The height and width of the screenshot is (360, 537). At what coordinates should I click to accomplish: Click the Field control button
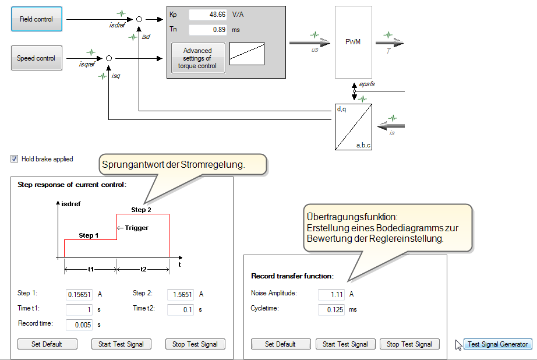point(36,19)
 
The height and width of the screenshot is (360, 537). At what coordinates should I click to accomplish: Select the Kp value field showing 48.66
point(207,14)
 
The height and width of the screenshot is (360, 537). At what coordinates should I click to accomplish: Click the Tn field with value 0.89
point(207,29)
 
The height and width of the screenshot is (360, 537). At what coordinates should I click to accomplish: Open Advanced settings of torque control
point(197,58)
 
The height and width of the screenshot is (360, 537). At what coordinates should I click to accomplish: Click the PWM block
point(353,42)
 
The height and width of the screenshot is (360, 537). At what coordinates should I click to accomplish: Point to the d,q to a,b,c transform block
point(353,127)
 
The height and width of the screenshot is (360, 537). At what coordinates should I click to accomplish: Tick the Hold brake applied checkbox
point(14,158)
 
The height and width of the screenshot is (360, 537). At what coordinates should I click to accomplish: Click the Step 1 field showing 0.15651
point(79,295)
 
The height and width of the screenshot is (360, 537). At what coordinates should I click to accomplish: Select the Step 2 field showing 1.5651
point(181,295)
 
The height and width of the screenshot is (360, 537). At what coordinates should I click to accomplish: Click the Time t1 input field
point(79,309)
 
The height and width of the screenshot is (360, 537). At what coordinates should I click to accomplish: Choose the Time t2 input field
point(181,309)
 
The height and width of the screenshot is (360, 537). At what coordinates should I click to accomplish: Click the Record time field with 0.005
point(79,324)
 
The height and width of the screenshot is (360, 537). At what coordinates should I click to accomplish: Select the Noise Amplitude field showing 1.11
point(331,295)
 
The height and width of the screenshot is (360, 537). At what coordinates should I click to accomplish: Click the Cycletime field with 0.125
point(331,309)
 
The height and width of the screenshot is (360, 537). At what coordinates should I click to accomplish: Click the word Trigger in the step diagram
point(136,228)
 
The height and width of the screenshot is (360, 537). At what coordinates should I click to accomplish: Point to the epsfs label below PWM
point(367,84)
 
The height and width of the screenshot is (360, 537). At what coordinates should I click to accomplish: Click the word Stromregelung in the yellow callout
point(215,165)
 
